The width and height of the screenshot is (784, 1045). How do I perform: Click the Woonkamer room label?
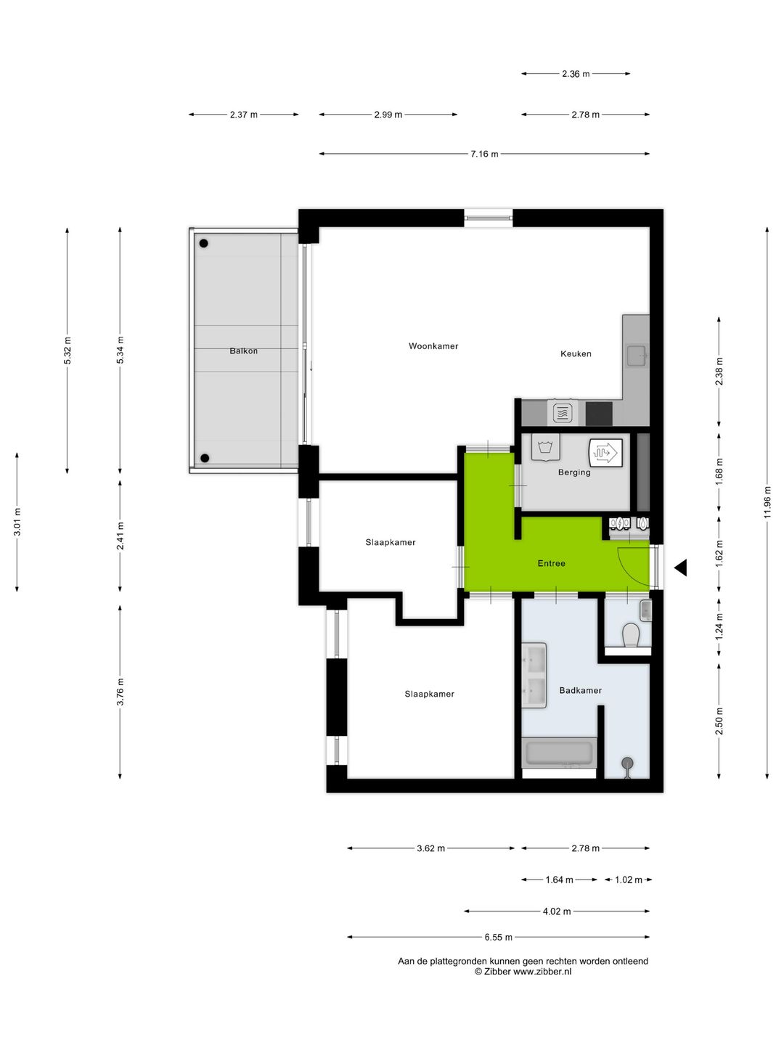click(433, 346)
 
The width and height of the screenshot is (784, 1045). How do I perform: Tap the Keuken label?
click(576, 354)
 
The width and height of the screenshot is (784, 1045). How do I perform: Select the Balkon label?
click(243, 351)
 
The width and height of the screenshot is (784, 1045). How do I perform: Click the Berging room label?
click(574, 472)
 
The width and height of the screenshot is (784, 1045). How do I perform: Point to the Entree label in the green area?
click(551, 563)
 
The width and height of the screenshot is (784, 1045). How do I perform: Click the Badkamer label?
click(580, 691)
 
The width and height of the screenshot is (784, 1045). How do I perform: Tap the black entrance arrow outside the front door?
click(681, 568)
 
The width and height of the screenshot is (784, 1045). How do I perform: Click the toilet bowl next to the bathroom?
click(631, 636)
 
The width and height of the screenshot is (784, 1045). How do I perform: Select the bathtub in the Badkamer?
click(559, 753)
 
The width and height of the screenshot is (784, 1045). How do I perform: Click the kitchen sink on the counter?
click(637, 356)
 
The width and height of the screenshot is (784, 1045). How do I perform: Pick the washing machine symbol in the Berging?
click(544, 447)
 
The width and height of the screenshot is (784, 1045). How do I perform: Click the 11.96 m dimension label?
click(767, 502)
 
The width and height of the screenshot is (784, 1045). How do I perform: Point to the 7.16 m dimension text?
click(484, 154)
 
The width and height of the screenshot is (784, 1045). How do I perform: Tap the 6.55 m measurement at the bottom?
click(499, 937)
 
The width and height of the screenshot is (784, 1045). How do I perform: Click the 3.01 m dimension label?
click(17, 522)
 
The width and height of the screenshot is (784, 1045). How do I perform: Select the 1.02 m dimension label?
click(629, 880)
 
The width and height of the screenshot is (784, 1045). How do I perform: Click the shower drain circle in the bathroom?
click(626, 763)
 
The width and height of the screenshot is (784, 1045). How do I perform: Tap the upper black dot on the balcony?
click(204, 244)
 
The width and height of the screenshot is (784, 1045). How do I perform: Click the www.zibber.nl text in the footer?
click(542, 972)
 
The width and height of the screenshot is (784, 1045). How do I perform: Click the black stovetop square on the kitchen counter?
click(599, 414)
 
